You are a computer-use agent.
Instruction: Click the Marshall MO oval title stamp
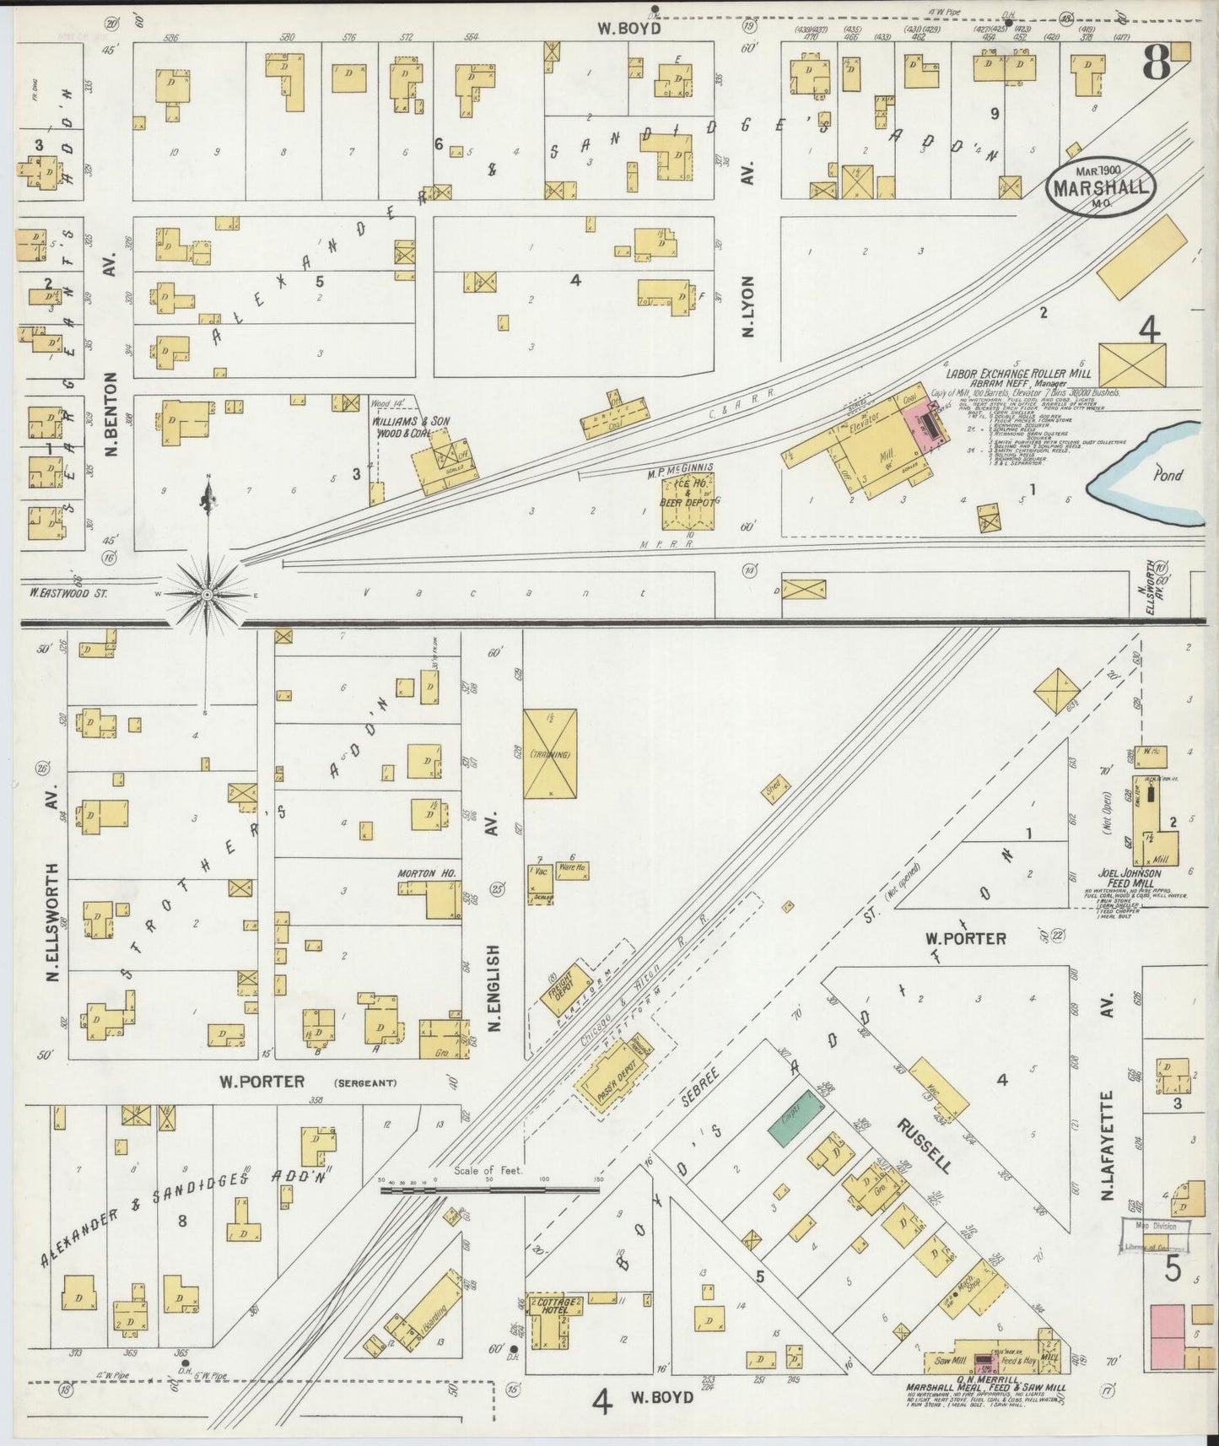(x=1101, y=187)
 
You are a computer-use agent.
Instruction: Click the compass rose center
(x=207, y=595)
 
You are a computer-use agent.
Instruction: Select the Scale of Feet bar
(x=489, y=1190)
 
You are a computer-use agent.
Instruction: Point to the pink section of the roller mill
(x=924, y=419)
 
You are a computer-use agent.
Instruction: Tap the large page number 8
(x=1156, y=63)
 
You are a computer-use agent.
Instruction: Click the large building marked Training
(x=550, y=753)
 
